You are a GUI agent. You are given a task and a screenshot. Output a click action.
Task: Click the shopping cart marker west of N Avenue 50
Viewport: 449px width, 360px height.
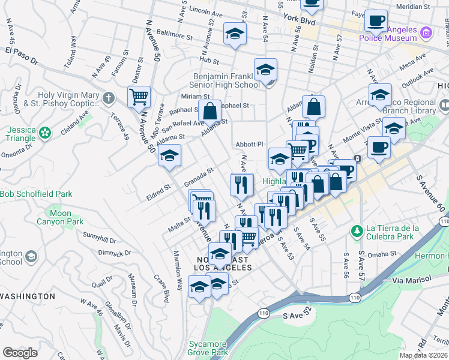[x=139, y=97]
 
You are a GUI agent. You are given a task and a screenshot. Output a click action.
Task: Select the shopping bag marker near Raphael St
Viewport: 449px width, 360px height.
[x=209, y=111]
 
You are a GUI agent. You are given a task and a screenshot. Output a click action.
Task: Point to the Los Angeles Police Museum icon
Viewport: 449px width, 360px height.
[x=426, y=32]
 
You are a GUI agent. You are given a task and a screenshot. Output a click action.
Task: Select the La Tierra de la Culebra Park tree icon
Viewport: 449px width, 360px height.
[x=357, y=231]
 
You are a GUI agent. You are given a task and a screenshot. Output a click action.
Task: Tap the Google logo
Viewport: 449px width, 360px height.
[x=20, y=352]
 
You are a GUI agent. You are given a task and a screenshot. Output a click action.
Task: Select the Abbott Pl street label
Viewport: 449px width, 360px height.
[x=250, y=144]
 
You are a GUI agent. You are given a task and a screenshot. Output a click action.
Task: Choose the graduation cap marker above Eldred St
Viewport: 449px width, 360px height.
[x=170, y=156]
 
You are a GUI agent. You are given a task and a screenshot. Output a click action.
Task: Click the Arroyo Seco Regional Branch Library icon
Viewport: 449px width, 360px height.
[x=444, y=105]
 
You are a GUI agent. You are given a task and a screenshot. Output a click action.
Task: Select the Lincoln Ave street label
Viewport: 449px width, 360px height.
[x=206, y=11]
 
